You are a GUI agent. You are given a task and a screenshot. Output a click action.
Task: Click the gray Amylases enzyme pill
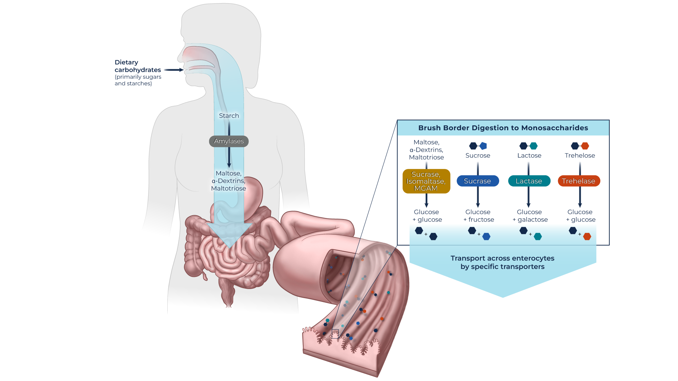[229, 141]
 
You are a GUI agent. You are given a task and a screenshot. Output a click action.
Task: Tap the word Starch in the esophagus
[229, 116]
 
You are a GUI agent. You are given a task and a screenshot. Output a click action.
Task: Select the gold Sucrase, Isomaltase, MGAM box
[426, 181]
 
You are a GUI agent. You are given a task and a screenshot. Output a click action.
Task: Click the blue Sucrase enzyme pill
[478, 181]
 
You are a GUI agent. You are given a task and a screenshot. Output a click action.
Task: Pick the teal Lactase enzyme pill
[529, 181]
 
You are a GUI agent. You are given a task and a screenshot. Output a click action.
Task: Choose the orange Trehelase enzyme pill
[579, 181]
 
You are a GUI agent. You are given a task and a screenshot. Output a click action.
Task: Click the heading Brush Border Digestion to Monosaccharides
[503, 128]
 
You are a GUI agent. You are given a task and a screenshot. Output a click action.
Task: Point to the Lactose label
[529, 155]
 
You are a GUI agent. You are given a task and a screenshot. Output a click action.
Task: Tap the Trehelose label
[580, 155]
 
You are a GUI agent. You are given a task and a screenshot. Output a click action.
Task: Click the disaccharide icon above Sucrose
[478, 146]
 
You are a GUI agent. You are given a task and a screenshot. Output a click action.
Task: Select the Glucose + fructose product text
[478, 216]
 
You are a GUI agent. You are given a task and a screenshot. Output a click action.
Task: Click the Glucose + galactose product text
[530, 216]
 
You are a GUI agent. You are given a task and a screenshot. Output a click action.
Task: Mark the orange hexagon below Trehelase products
[587, 236]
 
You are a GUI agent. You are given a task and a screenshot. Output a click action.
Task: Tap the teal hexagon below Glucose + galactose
[538, 236]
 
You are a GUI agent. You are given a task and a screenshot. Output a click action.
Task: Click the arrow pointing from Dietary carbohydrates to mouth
[174, 70]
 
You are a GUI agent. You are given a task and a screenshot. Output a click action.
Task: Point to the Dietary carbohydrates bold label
[138, 66]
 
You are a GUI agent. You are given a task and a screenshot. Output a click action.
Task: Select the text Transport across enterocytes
[502, 258]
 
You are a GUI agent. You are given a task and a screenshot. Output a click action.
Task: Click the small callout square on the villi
[335, 334]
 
